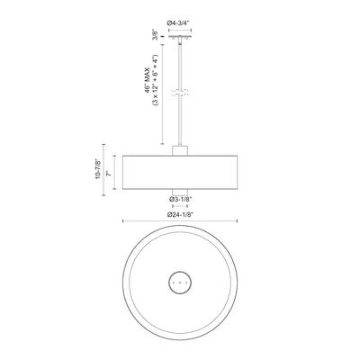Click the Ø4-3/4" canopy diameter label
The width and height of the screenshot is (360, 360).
click(x=179, y=22)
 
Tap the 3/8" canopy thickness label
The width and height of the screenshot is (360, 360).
click(x=155, y=35)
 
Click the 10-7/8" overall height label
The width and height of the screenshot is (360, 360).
click(x=97, y=170)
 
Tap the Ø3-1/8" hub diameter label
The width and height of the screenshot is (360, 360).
click(x=180, y=199)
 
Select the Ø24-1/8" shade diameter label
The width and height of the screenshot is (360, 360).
click(x=180, y=214)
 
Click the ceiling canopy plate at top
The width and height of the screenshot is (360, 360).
click(x=180, y=37)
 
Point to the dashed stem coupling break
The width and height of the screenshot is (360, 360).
click(x=180, y=92)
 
